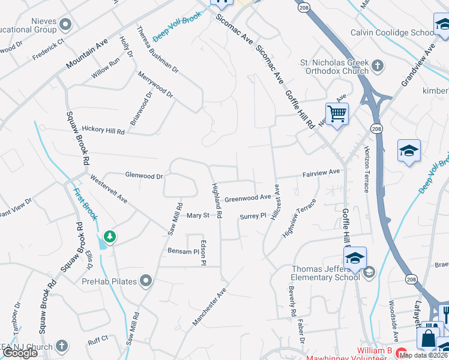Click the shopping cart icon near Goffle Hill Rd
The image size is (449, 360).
coord(337,113)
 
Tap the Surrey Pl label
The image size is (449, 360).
coord(252,217)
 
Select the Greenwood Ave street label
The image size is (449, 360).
coord(248,197)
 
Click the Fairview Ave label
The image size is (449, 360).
coord(321,173)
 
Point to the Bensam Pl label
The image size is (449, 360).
coord(182,251)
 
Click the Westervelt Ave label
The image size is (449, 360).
coord(109,188)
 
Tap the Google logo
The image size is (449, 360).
coord(20,353)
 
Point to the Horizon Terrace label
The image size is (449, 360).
coord(366,170)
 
